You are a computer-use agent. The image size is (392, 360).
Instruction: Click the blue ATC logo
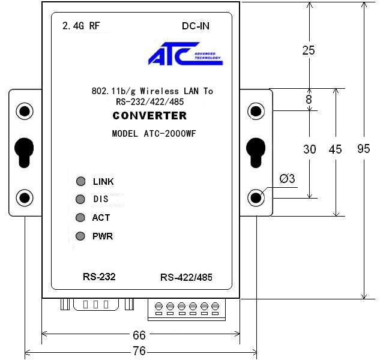pyautogui.click(x=185, y=54)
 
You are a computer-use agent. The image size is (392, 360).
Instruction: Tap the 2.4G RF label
pyautogui.click(x=81, y=26)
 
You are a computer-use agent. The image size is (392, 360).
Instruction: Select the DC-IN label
pyautogui.click(x=196, y=26)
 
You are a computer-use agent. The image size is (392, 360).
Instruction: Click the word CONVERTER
pyautogui.click(x=149, y=116)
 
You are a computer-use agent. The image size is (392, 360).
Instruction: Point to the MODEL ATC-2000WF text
pyautogui.click(x=154, y=134)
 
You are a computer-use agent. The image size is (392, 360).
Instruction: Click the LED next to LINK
pyautogui.click(x=81, y=181)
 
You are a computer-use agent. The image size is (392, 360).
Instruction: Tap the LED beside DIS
pyautogui.click(x=80, y=199)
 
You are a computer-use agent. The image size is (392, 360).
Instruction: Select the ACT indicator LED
pyautogui.click(x=80, y=218)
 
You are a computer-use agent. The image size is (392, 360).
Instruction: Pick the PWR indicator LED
pyautogui.click(x=80, y=236)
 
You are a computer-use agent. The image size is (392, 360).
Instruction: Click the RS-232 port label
pyautogui.click(x=99, y=277)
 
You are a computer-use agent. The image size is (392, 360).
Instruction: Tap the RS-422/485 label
pyautogui.click(x=186, y=277)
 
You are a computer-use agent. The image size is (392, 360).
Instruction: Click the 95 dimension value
pyautogui.click(x=364, y=149)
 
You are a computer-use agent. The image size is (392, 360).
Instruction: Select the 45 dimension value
pyautogui.click(x=335, y=149)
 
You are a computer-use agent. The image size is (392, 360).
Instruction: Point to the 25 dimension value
pyautogui.click(x=309, y=50)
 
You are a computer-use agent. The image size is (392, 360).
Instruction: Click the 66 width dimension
pyautogui.click(x=139, y=335)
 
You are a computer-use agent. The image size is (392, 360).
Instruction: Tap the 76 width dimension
pyautogui.click(x=139, y=351)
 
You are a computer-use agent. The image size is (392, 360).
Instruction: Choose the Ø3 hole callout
pyautogui.click(x=288, y=179)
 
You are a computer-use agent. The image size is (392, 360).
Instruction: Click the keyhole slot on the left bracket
pyautogui.click(x=24, y=152)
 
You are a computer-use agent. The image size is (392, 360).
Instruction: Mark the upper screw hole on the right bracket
pyautogui.click(x=256, y=111)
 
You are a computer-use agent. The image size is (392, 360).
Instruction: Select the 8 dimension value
pyautogui.click(x=309, y=100)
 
